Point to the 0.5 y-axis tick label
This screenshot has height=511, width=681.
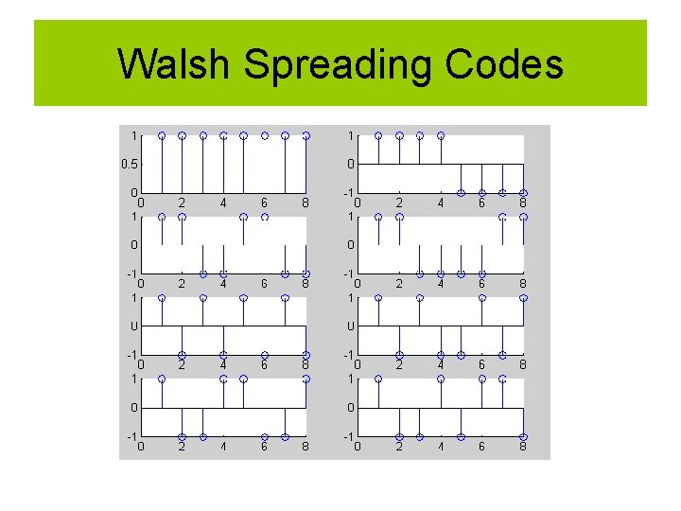(x=129, y=164)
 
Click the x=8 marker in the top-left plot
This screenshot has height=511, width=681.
(x=306, y=135)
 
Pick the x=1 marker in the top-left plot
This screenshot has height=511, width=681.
(x=162, y=135)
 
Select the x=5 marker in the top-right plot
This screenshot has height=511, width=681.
(x=461, y=193)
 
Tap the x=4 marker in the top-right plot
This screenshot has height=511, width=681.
(x=440, y=135)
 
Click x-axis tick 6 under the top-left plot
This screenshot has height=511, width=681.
(x=265, y=202)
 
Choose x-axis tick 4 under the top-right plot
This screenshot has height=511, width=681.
(x=440, y=202)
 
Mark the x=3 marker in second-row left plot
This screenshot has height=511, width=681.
(x=202, y=274)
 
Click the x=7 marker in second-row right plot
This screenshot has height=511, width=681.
(x=502, y=217)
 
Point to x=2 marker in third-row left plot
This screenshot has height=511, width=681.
(x=182, y=356)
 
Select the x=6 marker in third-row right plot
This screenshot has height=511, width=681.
(x=481, y=298)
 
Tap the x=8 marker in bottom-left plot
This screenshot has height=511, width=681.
(x=306, y=379)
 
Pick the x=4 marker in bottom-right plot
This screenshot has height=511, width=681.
(x=440, y=379)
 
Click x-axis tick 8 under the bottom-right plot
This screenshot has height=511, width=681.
(x=523, y=446)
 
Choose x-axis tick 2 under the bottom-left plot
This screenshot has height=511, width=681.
(x=182, y=446)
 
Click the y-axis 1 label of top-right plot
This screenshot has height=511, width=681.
(x=351, y=135)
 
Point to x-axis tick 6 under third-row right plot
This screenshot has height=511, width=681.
(x=481, y=364)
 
